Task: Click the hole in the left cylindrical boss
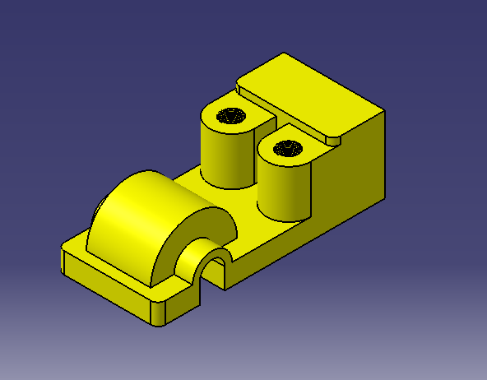pyautogui.click(x=230, y=117)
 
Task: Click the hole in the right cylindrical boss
pyautogui.click(x=287, y=149)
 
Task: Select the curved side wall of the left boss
pyautogui.click(x=222, y=156)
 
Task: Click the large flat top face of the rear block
pyautogui.click(x=313, y=90)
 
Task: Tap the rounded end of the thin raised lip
pyautogui.click(x=332, y=139)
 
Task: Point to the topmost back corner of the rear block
pyautogui.click(x=284, y=54)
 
